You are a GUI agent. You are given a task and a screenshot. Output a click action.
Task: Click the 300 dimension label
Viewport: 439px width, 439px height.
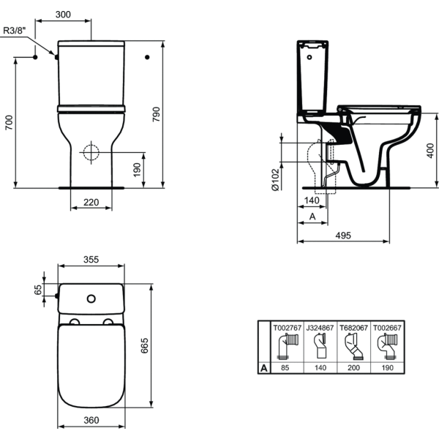coord(63,15)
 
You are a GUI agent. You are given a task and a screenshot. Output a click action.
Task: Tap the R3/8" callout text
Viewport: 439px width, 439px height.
coord(15,31)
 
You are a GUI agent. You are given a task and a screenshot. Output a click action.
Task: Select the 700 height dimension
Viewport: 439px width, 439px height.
coord(9,122)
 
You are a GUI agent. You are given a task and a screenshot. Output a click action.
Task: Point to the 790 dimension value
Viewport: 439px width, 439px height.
coord(156,114)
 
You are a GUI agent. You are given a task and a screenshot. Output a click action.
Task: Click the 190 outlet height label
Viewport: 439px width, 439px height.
coord(137,170)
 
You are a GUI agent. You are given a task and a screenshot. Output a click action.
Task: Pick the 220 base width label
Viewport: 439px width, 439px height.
coord(91,202)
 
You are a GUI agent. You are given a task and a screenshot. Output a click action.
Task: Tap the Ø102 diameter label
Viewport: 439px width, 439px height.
coord(276,179)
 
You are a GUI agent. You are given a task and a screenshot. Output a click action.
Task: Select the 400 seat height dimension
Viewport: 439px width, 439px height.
coord(430,151)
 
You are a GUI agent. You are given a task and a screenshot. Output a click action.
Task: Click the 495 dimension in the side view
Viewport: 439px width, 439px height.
coord(343,236)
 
